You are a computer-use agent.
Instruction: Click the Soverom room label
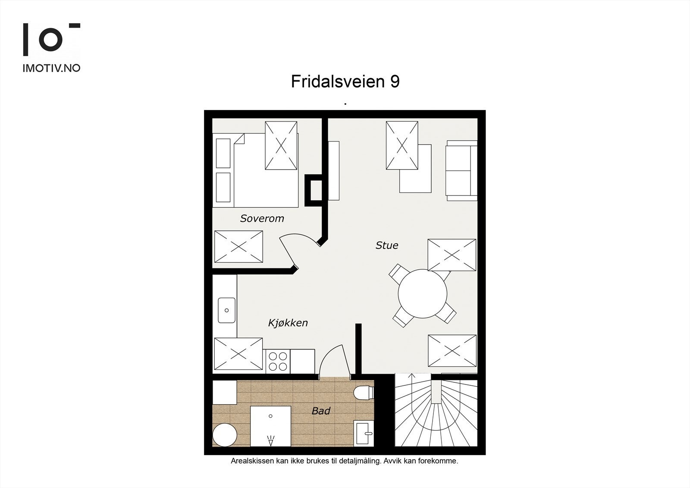(262, 218)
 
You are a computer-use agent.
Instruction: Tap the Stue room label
(387, 246)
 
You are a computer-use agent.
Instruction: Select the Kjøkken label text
(288, 323)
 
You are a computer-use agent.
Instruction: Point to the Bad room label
(321, 411)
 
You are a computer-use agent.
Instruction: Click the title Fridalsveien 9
(345, 82)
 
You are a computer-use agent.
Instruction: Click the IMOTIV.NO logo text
(51, 68)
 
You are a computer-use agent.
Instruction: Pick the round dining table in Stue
(422, 293)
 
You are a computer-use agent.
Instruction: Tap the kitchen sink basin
(226, 310)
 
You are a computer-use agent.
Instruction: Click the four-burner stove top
(278, 362)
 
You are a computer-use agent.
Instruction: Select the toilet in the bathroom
(364, 393)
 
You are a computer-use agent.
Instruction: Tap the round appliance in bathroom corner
(225, 434)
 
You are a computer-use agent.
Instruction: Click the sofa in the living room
(461, 170)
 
